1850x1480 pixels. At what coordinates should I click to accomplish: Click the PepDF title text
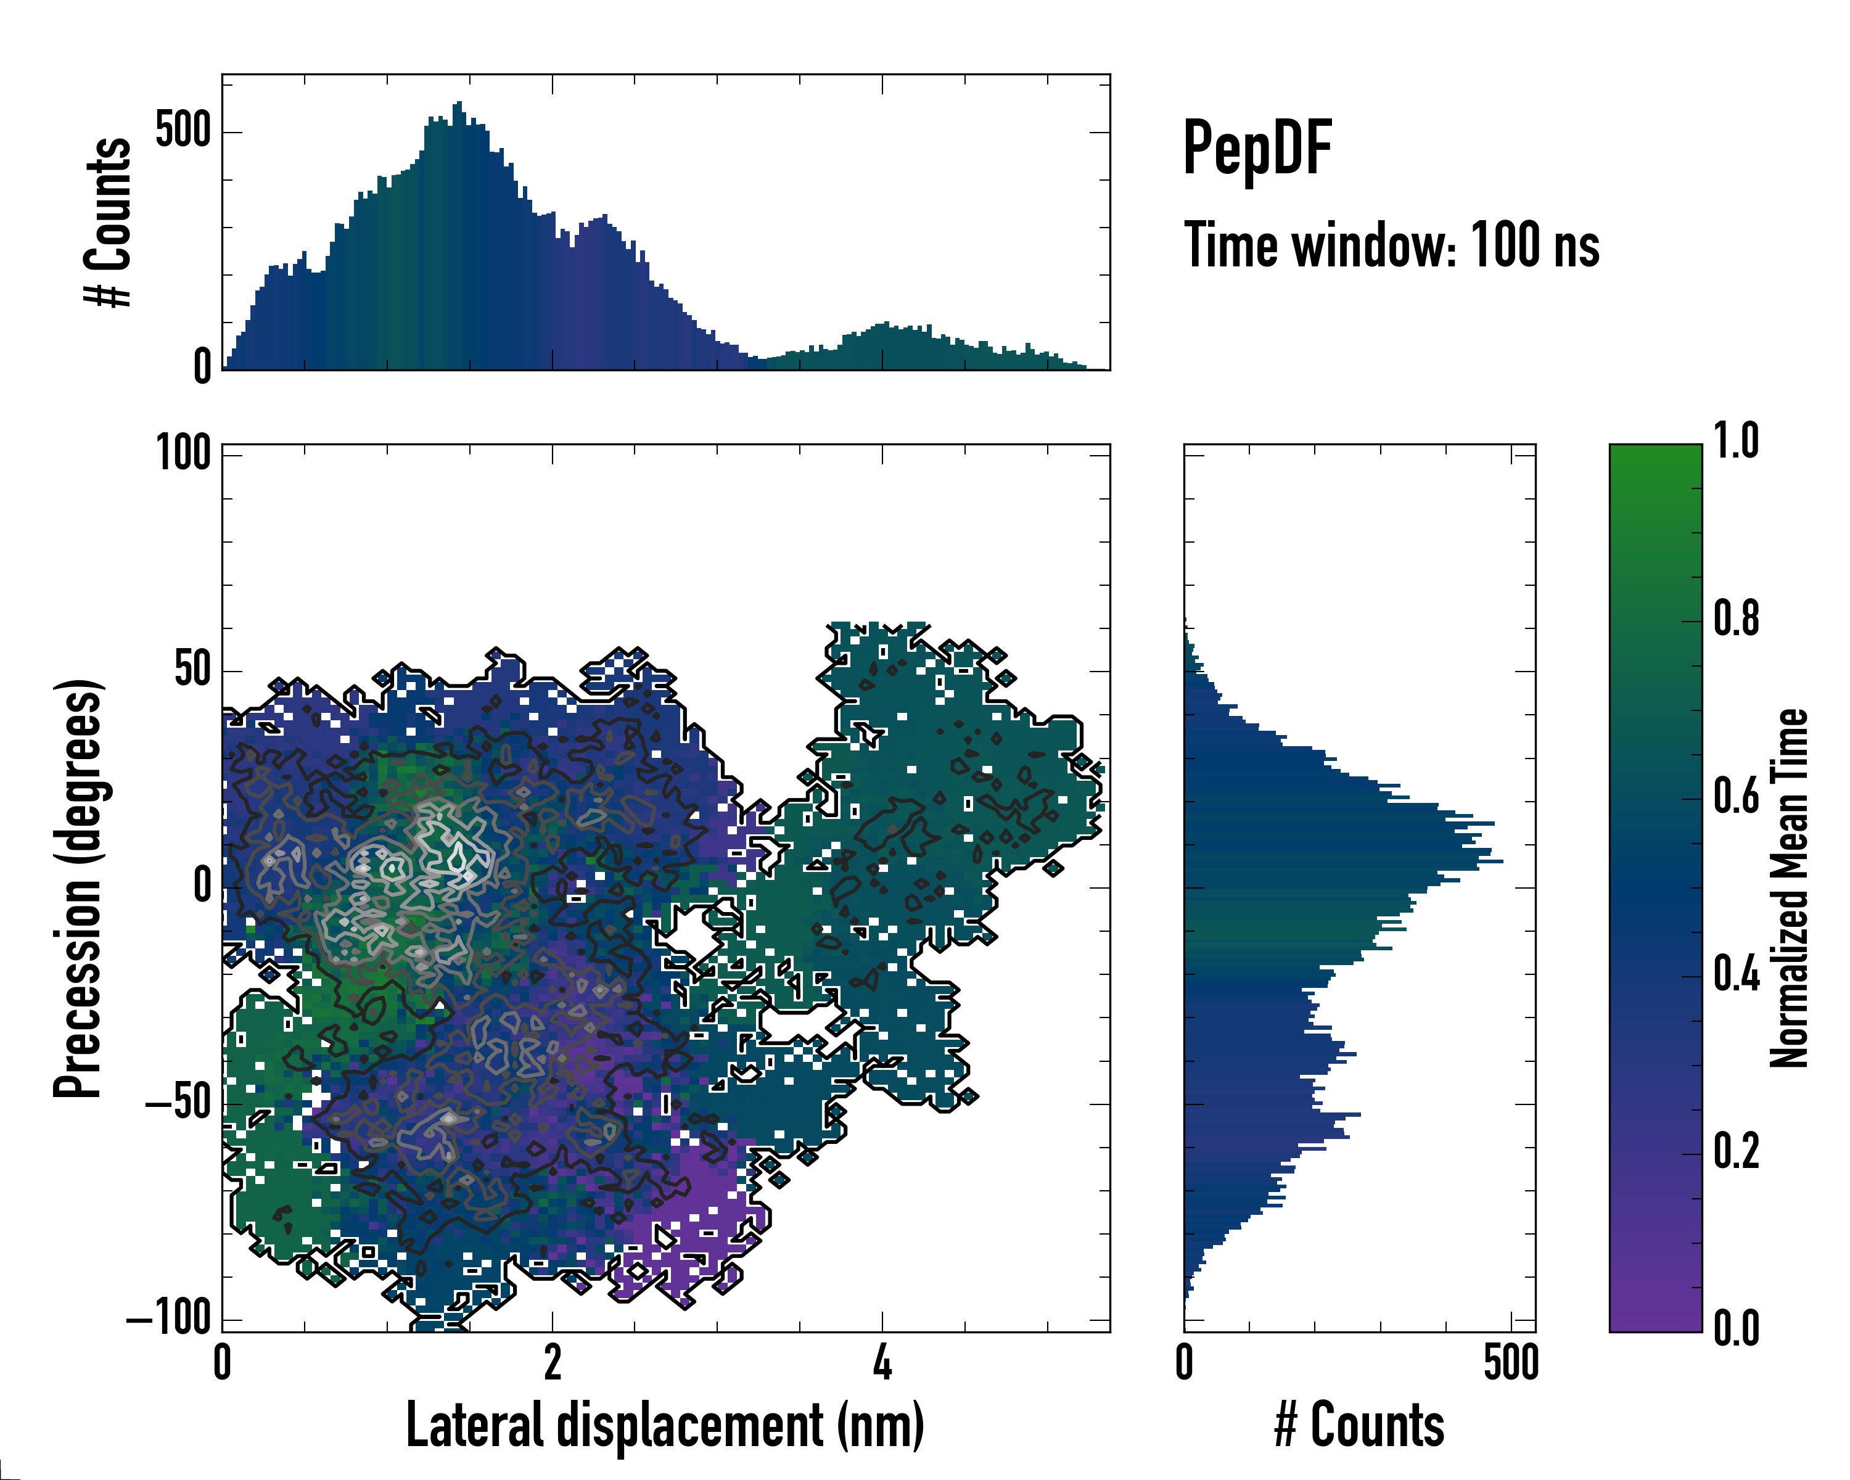tap(1256, 149)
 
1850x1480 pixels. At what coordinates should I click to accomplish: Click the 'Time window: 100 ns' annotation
tap(1391, 246)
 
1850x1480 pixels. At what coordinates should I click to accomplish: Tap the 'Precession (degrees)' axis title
tap(79, 887)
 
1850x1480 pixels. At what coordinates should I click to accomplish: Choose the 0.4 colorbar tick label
tap(1736, 975)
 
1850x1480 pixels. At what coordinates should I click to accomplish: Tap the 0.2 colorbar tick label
tap(1736, 1153)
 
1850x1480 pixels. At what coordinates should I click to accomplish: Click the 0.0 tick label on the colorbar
tap(1736, 1328)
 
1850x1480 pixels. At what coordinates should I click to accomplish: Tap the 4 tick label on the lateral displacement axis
tap(882, 1362)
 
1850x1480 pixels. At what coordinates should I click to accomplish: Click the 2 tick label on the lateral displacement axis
tap(552, 1362)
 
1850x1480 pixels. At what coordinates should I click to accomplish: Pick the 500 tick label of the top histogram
tap(183, 131)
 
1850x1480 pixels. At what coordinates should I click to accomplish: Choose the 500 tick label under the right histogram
tap(1510, 1362)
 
